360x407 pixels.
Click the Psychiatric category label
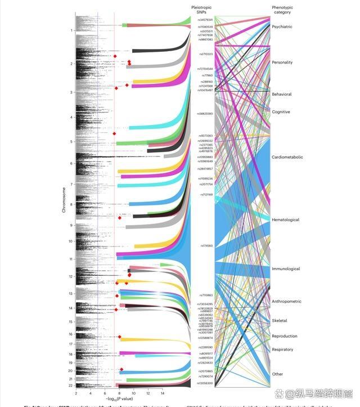click(x=282, y=26)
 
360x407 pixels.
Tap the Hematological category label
click(x=285, y=220)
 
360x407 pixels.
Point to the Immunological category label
click(x=286, y=269)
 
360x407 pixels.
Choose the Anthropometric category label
click(x=286, y=301)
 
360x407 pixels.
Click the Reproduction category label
click(x=284, y=336)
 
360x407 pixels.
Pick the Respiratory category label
click(x=282, y=350)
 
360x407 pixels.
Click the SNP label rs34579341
click(x=205, y=20)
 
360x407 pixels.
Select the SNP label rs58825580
click(x=205, y=114)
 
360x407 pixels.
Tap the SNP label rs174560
click(x=206, y=246)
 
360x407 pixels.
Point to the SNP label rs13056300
click(x=205, y=383)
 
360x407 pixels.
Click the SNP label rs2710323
click(x=206, y=54)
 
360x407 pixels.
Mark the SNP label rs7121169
click(x=206, y=194)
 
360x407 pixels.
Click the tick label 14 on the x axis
click(x=162, y=393)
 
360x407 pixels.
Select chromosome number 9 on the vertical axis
click(x=71, y=225)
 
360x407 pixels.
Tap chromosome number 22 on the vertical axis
click(x=70, y=385)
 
